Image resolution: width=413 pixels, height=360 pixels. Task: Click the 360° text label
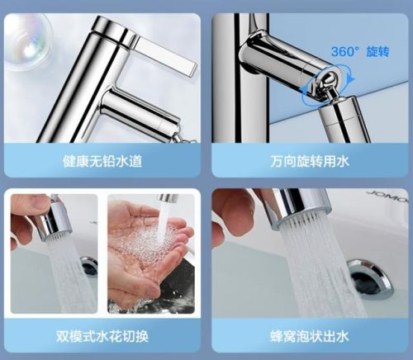(344, 50)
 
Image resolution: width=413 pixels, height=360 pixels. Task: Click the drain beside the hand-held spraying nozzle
(88, 266)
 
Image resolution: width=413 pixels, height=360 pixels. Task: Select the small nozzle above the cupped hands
(168, 199)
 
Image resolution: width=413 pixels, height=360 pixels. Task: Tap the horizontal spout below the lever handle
(136, 111)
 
